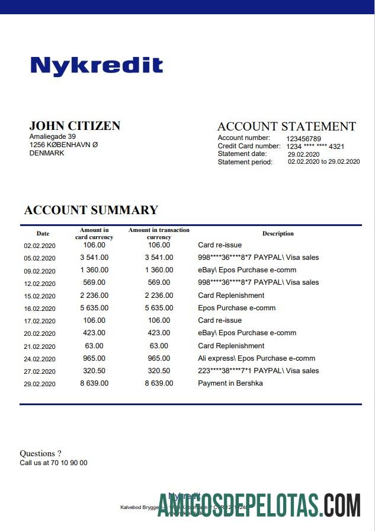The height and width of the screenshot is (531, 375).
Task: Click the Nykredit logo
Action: [x=97, y=65]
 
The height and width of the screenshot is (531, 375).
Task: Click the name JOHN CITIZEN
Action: [x=75, y=126]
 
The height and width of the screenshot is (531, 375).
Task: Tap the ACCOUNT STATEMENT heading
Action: [x=287, y=126]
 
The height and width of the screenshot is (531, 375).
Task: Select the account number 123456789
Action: [x=304, y=138]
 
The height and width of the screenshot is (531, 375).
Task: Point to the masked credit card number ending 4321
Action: [x=315, y=146]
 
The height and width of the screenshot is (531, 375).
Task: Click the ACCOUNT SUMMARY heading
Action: [x=91, y=210]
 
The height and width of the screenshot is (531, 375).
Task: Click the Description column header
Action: [x=278, y=234]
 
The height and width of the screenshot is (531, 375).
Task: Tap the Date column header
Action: [x=43, y=234]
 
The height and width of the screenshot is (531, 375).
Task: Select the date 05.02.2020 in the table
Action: [x=39, y=258]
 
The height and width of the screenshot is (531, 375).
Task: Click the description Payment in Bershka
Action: [x=230, y=383]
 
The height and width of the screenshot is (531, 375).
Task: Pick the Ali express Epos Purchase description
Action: [x=256, y=358]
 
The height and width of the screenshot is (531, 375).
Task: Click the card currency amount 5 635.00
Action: [x=94, y=308]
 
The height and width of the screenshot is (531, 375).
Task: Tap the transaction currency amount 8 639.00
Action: [x=159, y=383]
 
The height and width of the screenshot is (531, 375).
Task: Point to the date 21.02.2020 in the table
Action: [x=39, y=346]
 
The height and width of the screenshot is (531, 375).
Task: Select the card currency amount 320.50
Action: [x=94, y=371]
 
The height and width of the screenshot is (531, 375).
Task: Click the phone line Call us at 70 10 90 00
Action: [x=53, y=463]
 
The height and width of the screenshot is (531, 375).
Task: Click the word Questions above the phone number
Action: [x=40, y=454]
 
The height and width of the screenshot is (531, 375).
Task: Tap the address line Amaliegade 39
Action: [x=53, y=136]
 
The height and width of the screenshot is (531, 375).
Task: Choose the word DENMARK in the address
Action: [x=47, y=153]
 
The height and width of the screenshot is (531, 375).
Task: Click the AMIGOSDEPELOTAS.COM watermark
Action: [x=259, y=505]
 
